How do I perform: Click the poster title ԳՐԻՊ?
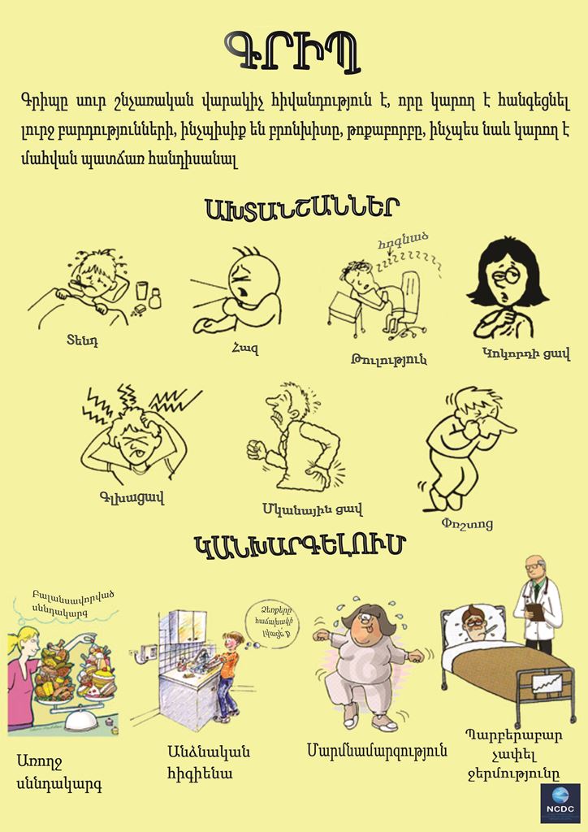292,51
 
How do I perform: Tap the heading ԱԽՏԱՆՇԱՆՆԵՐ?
301,209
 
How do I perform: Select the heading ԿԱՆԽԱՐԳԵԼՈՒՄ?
300,546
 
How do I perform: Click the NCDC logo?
560,803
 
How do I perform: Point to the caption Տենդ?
82,340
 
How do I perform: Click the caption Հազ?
245,349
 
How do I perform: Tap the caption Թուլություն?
389,359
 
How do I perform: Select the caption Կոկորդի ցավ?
526,353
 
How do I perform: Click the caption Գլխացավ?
132,497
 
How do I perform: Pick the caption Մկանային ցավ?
313,509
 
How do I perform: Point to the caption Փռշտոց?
467,524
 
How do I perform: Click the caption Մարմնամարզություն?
377,750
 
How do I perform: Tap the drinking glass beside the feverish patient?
141,291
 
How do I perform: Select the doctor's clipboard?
535,611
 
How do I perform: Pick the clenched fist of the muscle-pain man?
257,450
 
